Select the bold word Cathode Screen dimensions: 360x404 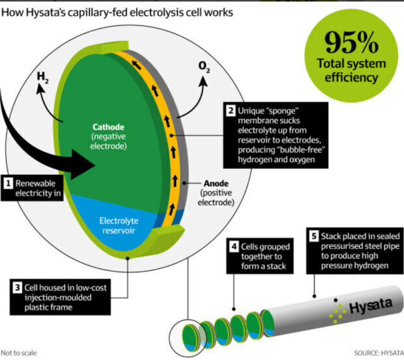[x=108, y=127]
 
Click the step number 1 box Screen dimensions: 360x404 [x=8, y=183]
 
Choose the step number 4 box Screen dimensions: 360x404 [x=234, y=246]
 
